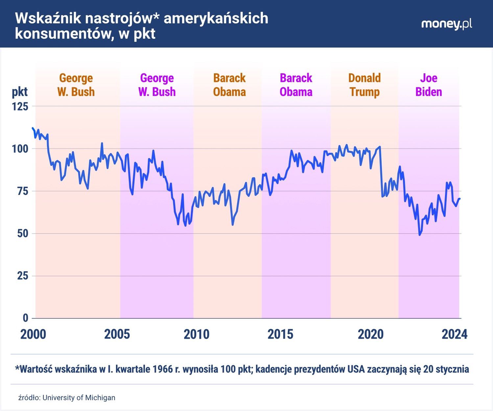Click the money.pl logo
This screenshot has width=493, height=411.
pyautogui.click(x=446, y=24)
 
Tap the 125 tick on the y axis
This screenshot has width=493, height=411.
pyautogui.click(x=20, y=107)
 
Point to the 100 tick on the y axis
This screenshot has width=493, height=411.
pyautogui.click(x=20, y=149)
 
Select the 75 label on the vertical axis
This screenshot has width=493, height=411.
pyautogui.click(x=22, y=191)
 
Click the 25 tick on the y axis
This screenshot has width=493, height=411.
pyautogui.click(x=22, y=276)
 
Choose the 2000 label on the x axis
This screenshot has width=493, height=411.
pyautogui.click(x=33, y=334)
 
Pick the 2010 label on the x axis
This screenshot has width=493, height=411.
pyautogui.click(x=197, y=334)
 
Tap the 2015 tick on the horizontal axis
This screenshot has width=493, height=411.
pyautogui.click(x=280, y=334)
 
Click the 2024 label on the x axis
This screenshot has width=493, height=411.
pyautogui.click(x=454, y=334)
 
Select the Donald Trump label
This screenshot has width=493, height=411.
pyautogui.click(x=364, y=85)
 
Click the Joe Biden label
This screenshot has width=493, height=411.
pyautogui.click(x=429, y=85)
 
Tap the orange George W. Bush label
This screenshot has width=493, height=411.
pyautogui.click(x=76, y=85)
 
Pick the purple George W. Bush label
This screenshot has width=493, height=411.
pyautogui.click(x=157, y=85)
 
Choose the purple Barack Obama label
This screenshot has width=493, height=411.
pyautogui.click(x=296, y=85)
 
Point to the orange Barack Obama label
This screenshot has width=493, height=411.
pyautogui.click(x=229, y=85)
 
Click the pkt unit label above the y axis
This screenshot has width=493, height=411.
pyautogui.click(x=20, y=92)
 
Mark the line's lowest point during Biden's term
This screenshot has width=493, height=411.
pyautogui.click(x=419, y=235)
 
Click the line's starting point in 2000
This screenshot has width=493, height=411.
pyautogui.click(x=33, y=128)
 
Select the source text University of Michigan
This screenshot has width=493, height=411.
pyautogui.click(x=79, y=398)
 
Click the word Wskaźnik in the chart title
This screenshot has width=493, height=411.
pyautogui.click(x=48, y=18)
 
